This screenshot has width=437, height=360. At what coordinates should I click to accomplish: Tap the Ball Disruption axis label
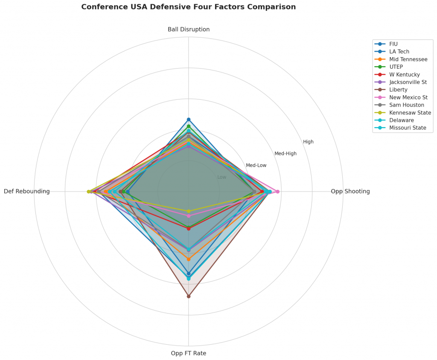[189, 29]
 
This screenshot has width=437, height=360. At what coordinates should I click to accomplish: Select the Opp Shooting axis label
[350, 192]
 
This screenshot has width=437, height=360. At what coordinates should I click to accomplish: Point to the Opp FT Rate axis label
[189, 353]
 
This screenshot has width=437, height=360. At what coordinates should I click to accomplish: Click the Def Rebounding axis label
[27, 192]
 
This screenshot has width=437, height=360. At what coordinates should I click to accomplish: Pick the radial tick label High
[308, 142]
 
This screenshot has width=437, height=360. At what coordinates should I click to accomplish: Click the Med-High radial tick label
[286, 154]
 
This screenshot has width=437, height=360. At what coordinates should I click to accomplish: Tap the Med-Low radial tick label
[256, 165]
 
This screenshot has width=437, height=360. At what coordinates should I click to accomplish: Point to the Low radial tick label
[222, 177]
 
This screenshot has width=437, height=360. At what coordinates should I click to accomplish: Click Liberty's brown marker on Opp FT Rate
[189, 296]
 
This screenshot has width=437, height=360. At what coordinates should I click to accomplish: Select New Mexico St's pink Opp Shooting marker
[278, 192]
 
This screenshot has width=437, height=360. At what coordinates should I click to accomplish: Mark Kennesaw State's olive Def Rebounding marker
[89, 192]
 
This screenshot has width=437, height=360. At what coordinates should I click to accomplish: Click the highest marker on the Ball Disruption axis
[189, 119]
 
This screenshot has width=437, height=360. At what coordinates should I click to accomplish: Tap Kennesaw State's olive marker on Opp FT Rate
[189, 211]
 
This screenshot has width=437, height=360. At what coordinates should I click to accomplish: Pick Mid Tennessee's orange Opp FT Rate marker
[189, 259]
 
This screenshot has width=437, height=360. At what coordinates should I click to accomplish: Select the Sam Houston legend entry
[407, 105]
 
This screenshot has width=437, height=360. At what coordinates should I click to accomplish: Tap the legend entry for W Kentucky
[405, 74]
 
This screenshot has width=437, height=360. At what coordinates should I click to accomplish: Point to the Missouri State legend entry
[408, 128]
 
